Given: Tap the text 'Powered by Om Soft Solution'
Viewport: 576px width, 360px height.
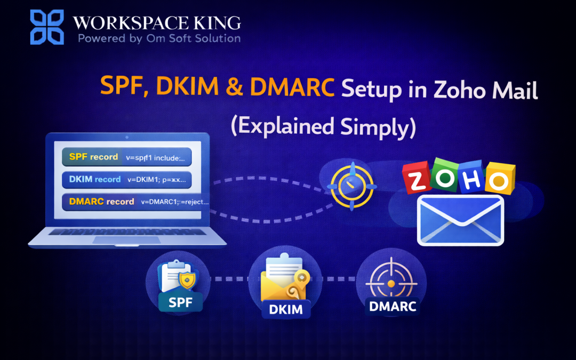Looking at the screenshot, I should pyautogui.click(x=159, y=38).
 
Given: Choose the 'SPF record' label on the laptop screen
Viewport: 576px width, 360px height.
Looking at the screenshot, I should pyautogui.click(x=90, y=157).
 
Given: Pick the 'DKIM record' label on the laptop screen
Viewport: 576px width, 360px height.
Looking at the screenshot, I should pyautogui.click(x=91, y=179).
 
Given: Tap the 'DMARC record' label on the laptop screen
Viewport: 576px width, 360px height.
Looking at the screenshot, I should pyautogui.click(x=98, y=202).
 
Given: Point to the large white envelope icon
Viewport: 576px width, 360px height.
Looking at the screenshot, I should pyautogui.click(x=460, y=220).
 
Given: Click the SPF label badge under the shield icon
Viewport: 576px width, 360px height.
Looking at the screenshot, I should pyautogui.click(x=180, y=302).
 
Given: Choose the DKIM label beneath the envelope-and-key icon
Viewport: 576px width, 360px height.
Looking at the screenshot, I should pyautogui.click(x=286, y=309).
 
